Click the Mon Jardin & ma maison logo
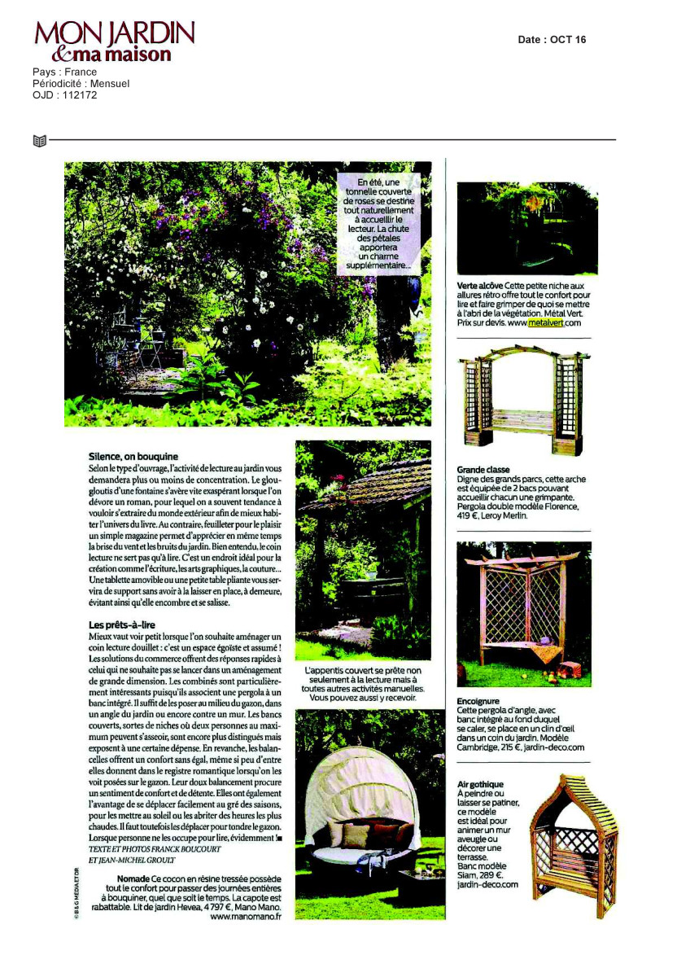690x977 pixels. pyautogui.click(x=114, y=42)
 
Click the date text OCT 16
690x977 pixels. pyautogui.click(x=568, y=40)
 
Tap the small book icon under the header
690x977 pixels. pyautogui.click(x=39, y=141)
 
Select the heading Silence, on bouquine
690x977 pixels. pyautogui.click(x=133, y=457)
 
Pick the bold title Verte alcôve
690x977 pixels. pyautogui.click(x=480, y=286)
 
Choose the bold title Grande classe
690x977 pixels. pyautogui.click(x=483, y=471)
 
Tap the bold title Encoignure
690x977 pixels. pyautogui.click(x=479, y=700)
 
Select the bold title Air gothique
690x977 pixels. pyautogui.click(x=481, y=784)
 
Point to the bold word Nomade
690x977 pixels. pyautogui.click(x=133, y=880)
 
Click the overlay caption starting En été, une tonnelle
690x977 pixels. pyautogui.click(x=379, y=223)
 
